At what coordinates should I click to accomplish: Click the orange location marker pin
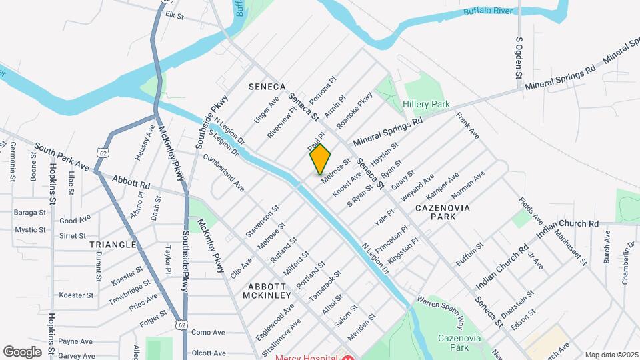320,159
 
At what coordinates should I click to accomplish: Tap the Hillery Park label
426,105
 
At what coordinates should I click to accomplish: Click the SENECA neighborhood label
267,87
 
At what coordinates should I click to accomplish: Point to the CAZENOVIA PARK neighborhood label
443,213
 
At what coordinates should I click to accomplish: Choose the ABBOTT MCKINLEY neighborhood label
267,289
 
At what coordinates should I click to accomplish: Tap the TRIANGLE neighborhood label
113,245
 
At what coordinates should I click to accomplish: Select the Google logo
22,351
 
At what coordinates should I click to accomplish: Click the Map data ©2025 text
611,355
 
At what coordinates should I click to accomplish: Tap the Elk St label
174,14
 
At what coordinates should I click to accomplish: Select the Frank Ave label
468,125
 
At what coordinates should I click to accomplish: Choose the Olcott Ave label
208,353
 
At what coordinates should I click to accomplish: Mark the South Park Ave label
61,156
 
